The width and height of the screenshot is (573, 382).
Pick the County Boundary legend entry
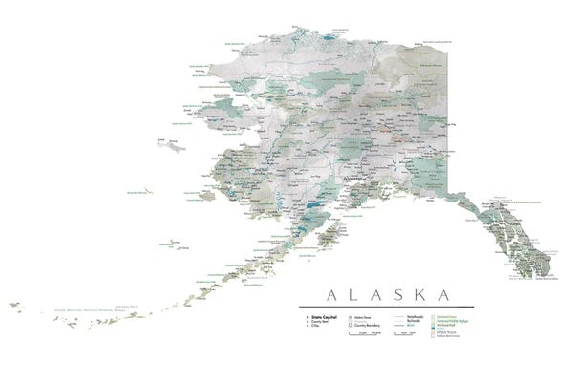coord(363,325)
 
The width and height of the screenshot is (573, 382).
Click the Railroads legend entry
coord(412,320)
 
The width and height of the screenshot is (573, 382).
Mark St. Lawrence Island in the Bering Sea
coord(171,145)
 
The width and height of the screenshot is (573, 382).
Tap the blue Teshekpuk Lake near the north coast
coord(329,40)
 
